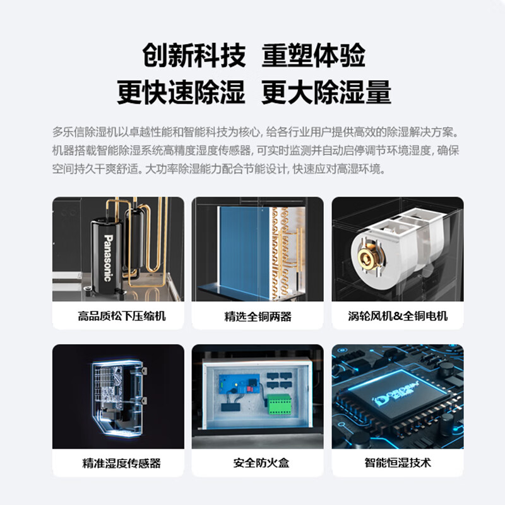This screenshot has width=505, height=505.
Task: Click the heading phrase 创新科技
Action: [193, 56]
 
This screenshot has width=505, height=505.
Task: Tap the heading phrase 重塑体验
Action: [314, 56]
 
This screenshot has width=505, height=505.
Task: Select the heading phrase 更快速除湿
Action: [181, 92]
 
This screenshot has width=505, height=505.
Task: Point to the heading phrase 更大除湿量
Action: [326, 92]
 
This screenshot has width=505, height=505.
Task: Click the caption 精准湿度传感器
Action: [118, 463]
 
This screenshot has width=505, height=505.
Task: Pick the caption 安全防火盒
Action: [258, 463]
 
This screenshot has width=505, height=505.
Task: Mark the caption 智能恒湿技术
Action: [398, 463]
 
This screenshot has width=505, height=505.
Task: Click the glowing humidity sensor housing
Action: [119, 395]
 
